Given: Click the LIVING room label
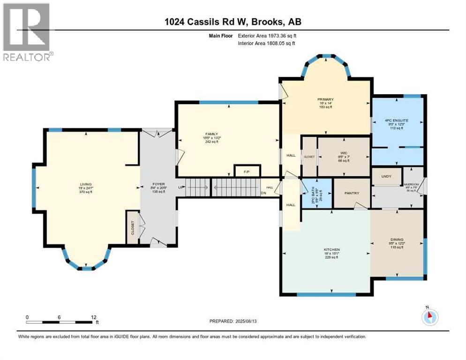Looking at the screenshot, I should point(85,185).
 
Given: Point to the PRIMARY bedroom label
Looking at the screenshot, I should point(325,99).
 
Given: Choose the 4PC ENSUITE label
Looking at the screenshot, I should point(396,120).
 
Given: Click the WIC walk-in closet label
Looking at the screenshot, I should point(344,153).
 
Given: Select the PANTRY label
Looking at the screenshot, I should point(351,193).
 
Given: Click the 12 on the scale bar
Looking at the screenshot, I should point(94,317).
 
